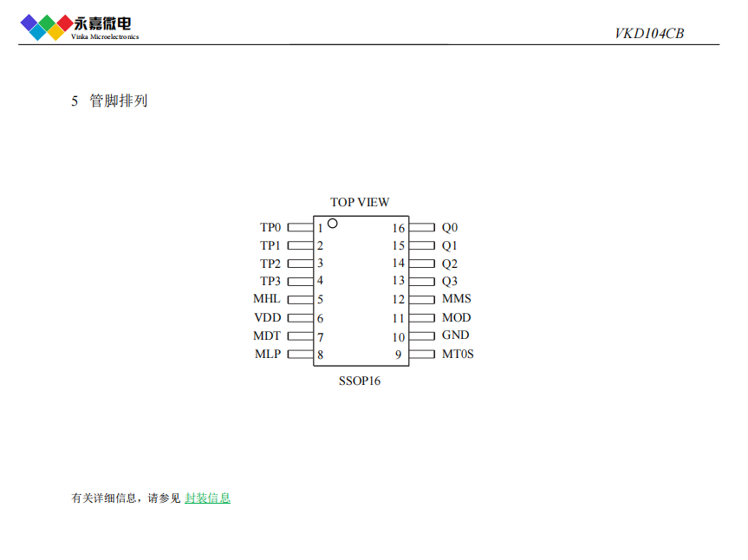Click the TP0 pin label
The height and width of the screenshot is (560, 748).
[270, 228]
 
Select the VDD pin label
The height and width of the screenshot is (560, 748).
[268, 318]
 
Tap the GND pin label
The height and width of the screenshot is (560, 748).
[455, 335]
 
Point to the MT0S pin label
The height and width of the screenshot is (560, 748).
[458, 354]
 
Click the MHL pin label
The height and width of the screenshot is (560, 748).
[267, 299]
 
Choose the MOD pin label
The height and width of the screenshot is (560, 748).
[457, 318]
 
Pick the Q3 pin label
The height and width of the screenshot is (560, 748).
[450, 281]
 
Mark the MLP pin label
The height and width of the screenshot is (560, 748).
[268, 354]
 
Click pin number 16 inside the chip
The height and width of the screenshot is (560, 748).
[398, 228]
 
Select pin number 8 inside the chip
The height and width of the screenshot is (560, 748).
[320, 355]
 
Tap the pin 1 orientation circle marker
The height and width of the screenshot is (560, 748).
[332, 224]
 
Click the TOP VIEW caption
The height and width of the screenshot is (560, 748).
[360, 202]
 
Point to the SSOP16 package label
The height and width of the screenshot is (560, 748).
[360, 381]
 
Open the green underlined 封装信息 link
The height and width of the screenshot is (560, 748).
[208, 498]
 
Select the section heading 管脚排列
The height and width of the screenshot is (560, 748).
[119, 101]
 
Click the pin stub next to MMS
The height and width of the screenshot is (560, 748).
[421, 300]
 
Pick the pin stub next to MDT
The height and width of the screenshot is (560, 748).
[300, 336]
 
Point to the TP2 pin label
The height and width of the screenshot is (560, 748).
[270, 264]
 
